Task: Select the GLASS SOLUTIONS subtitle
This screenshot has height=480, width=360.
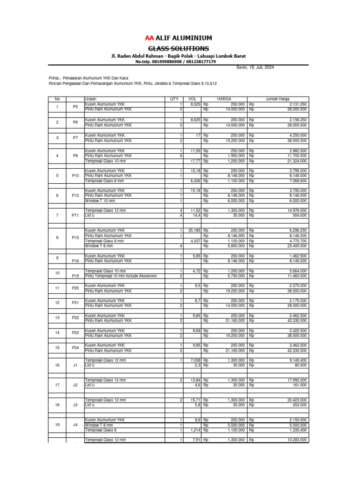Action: point(179,49)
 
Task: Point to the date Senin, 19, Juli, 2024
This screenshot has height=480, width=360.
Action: point(255,67)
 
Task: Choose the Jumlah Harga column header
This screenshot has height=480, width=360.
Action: point(277,99)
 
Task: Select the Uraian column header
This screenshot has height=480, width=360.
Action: point(90,99)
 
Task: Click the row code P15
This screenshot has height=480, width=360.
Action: point(75,238)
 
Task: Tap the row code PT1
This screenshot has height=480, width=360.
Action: point(75,216)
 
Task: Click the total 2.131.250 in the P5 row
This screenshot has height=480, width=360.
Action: point(298,104)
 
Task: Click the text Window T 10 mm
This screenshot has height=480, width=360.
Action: point(100,201)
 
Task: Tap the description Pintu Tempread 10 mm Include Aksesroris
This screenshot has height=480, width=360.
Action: point(120,276)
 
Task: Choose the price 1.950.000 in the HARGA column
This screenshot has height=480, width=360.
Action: point(235,156)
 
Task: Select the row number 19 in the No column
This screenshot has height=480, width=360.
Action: point(57,425)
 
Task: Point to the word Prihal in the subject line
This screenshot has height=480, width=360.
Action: point(55,78)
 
